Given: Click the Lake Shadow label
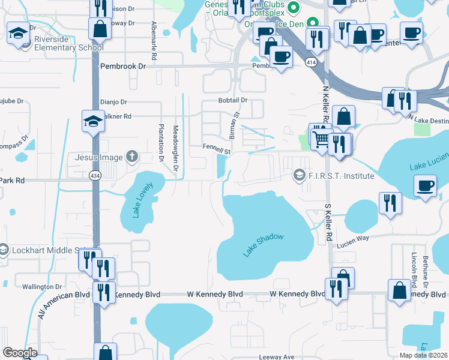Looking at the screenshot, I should [263, 245].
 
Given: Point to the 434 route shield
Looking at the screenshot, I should [94, 175].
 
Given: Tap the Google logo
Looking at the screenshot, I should [20, 353].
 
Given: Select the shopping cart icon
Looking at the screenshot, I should [321, 139].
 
